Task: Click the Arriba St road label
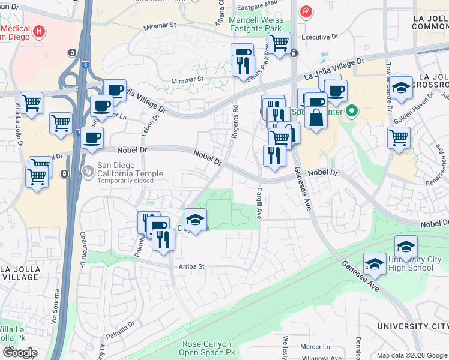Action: (x=191, y=266)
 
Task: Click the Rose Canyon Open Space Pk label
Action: (x=209, y=348)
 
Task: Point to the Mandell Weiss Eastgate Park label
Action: (x=256, y=23)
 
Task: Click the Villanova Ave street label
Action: (x=325, y=357)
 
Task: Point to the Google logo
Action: (x=20, y=353)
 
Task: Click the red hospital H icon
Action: (x=40, y=31)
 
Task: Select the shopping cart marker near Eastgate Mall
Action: (x=279, y=43)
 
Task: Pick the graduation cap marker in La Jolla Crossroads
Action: (x=402, y=88)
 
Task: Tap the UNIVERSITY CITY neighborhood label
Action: (x=413, y=326)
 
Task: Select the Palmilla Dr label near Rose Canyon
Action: (x=123, y=332)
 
